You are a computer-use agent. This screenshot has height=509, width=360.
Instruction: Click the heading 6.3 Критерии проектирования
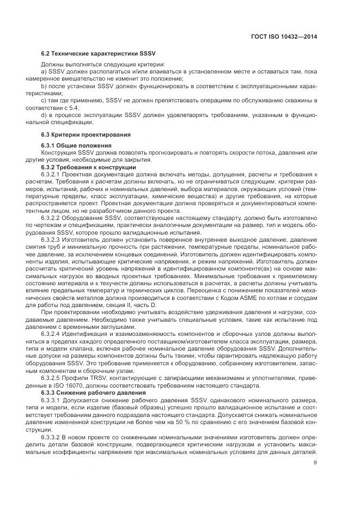pos(80,134)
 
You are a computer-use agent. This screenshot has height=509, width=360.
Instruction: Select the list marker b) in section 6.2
pos(45,87)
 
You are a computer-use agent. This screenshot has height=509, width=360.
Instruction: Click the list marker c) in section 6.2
pos(45,101)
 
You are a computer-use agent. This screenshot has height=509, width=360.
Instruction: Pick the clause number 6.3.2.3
pos(53,239)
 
